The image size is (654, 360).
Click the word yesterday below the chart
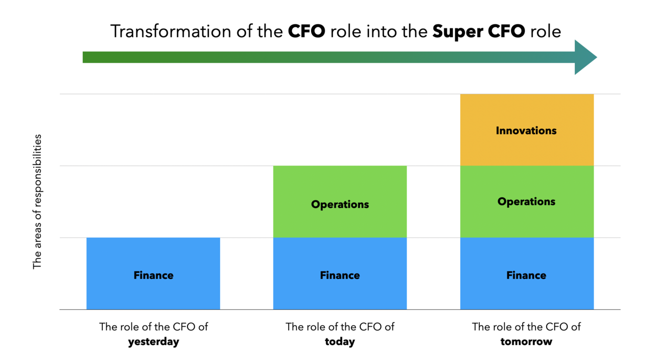pyautogui.click(x=153, y=342)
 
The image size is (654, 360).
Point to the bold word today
pyautogui.click(x=340, y=342)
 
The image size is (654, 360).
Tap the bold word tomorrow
pyautogui.click(x=526, y=342)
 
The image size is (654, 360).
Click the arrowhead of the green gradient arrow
pyautogui.click(x=586, y=57)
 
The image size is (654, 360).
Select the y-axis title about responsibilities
pyautogui.click(x=37, y=202)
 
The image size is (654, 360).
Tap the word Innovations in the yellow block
pyautogui.click(x=526, y=131)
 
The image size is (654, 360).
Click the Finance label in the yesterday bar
pyautogui.click(x=153, y=275)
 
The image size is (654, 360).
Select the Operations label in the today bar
pyautogui.click(x=340, y=204)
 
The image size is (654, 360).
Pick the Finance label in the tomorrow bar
pyautogui.click(x=526, y=275)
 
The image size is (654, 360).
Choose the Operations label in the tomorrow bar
pyautogui.click(x=526, y=202)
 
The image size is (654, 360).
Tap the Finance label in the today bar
pyautogui.click(x=340, y=275)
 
